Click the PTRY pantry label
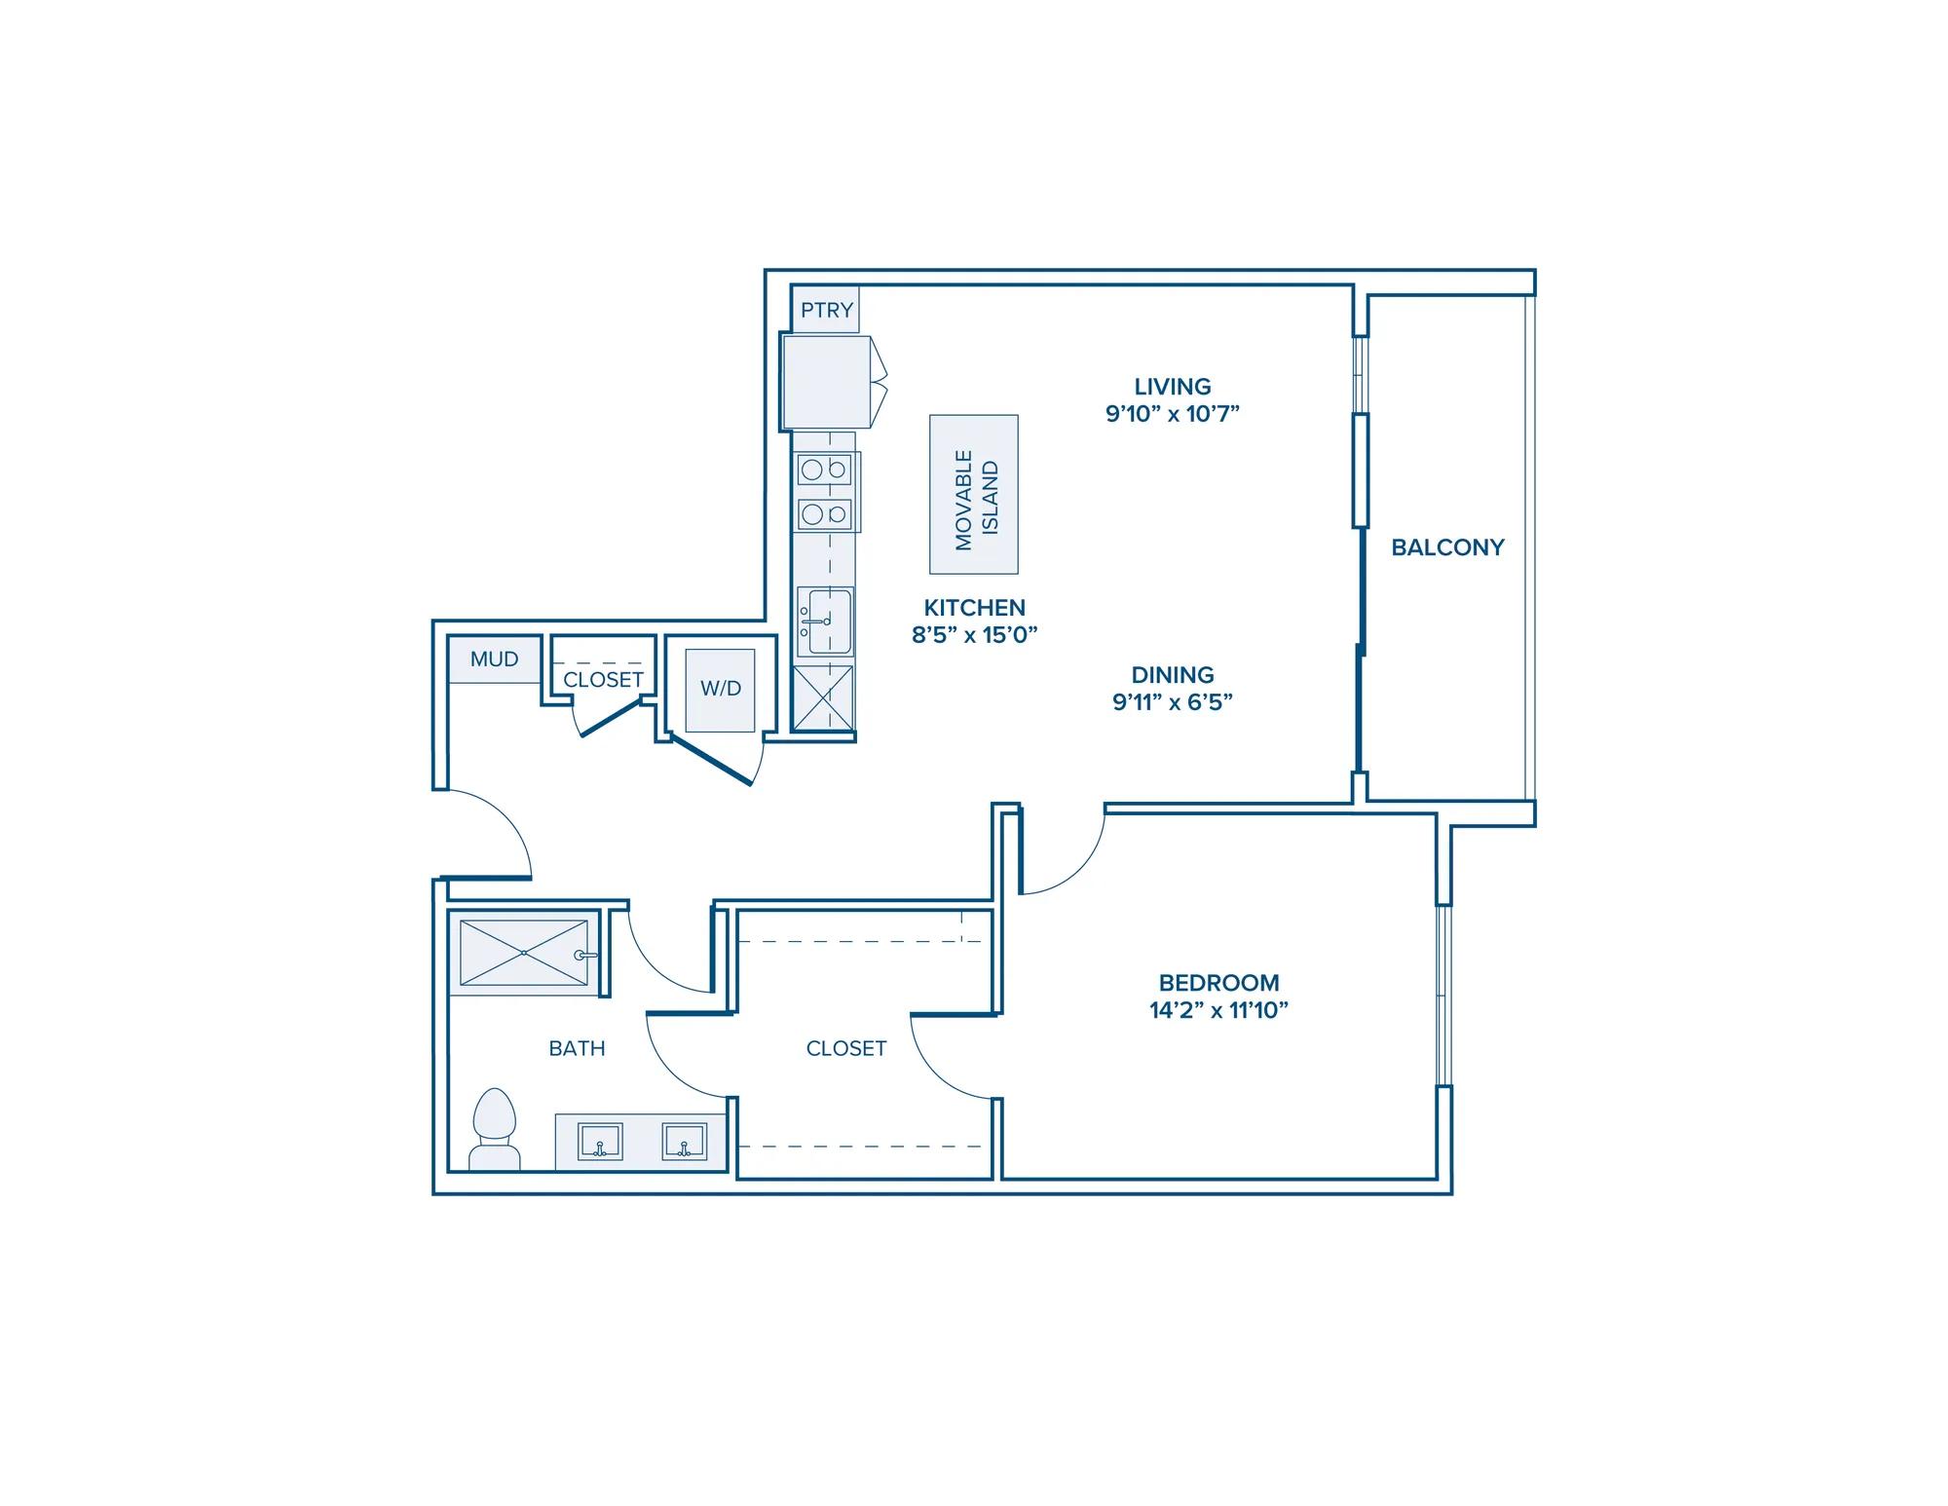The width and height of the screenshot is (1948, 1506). [827, 311]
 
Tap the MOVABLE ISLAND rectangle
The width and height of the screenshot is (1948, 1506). [974, 495]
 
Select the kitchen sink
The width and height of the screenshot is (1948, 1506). [824, 621]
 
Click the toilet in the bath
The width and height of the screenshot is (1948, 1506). [495, 1130]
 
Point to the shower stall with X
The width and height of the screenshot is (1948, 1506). [524, 953]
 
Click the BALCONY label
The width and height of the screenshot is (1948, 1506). [1447, 547]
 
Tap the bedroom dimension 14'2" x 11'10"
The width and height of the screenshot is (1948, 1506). [1218, 1010]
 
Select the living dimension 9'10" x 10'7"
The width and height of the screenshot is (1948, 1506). [1173, 413]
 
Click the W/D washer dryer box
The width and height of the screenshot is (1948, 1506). [721, 690]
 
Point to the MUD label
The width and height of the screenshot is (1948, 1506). [494, 659]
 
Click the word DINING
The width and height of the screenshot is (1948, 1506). [1173, 675]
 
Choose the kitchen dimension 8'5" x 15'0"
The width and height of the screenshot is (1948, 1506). [974, 635]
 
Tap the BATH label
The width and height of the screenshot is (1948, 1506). [577, 1048]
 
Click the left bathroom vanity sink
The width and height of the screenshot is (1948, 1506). [600, 1142]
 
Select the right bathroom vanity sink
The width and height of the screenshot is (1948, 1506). [684, 1142]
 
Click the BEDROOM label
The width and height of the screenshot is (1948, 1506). [1218, 983]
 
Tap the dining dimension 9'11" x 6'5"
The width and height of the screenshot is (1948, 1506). [1173, 702]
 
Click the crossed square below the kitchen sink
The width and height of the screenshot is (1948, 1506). [823, 697]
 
